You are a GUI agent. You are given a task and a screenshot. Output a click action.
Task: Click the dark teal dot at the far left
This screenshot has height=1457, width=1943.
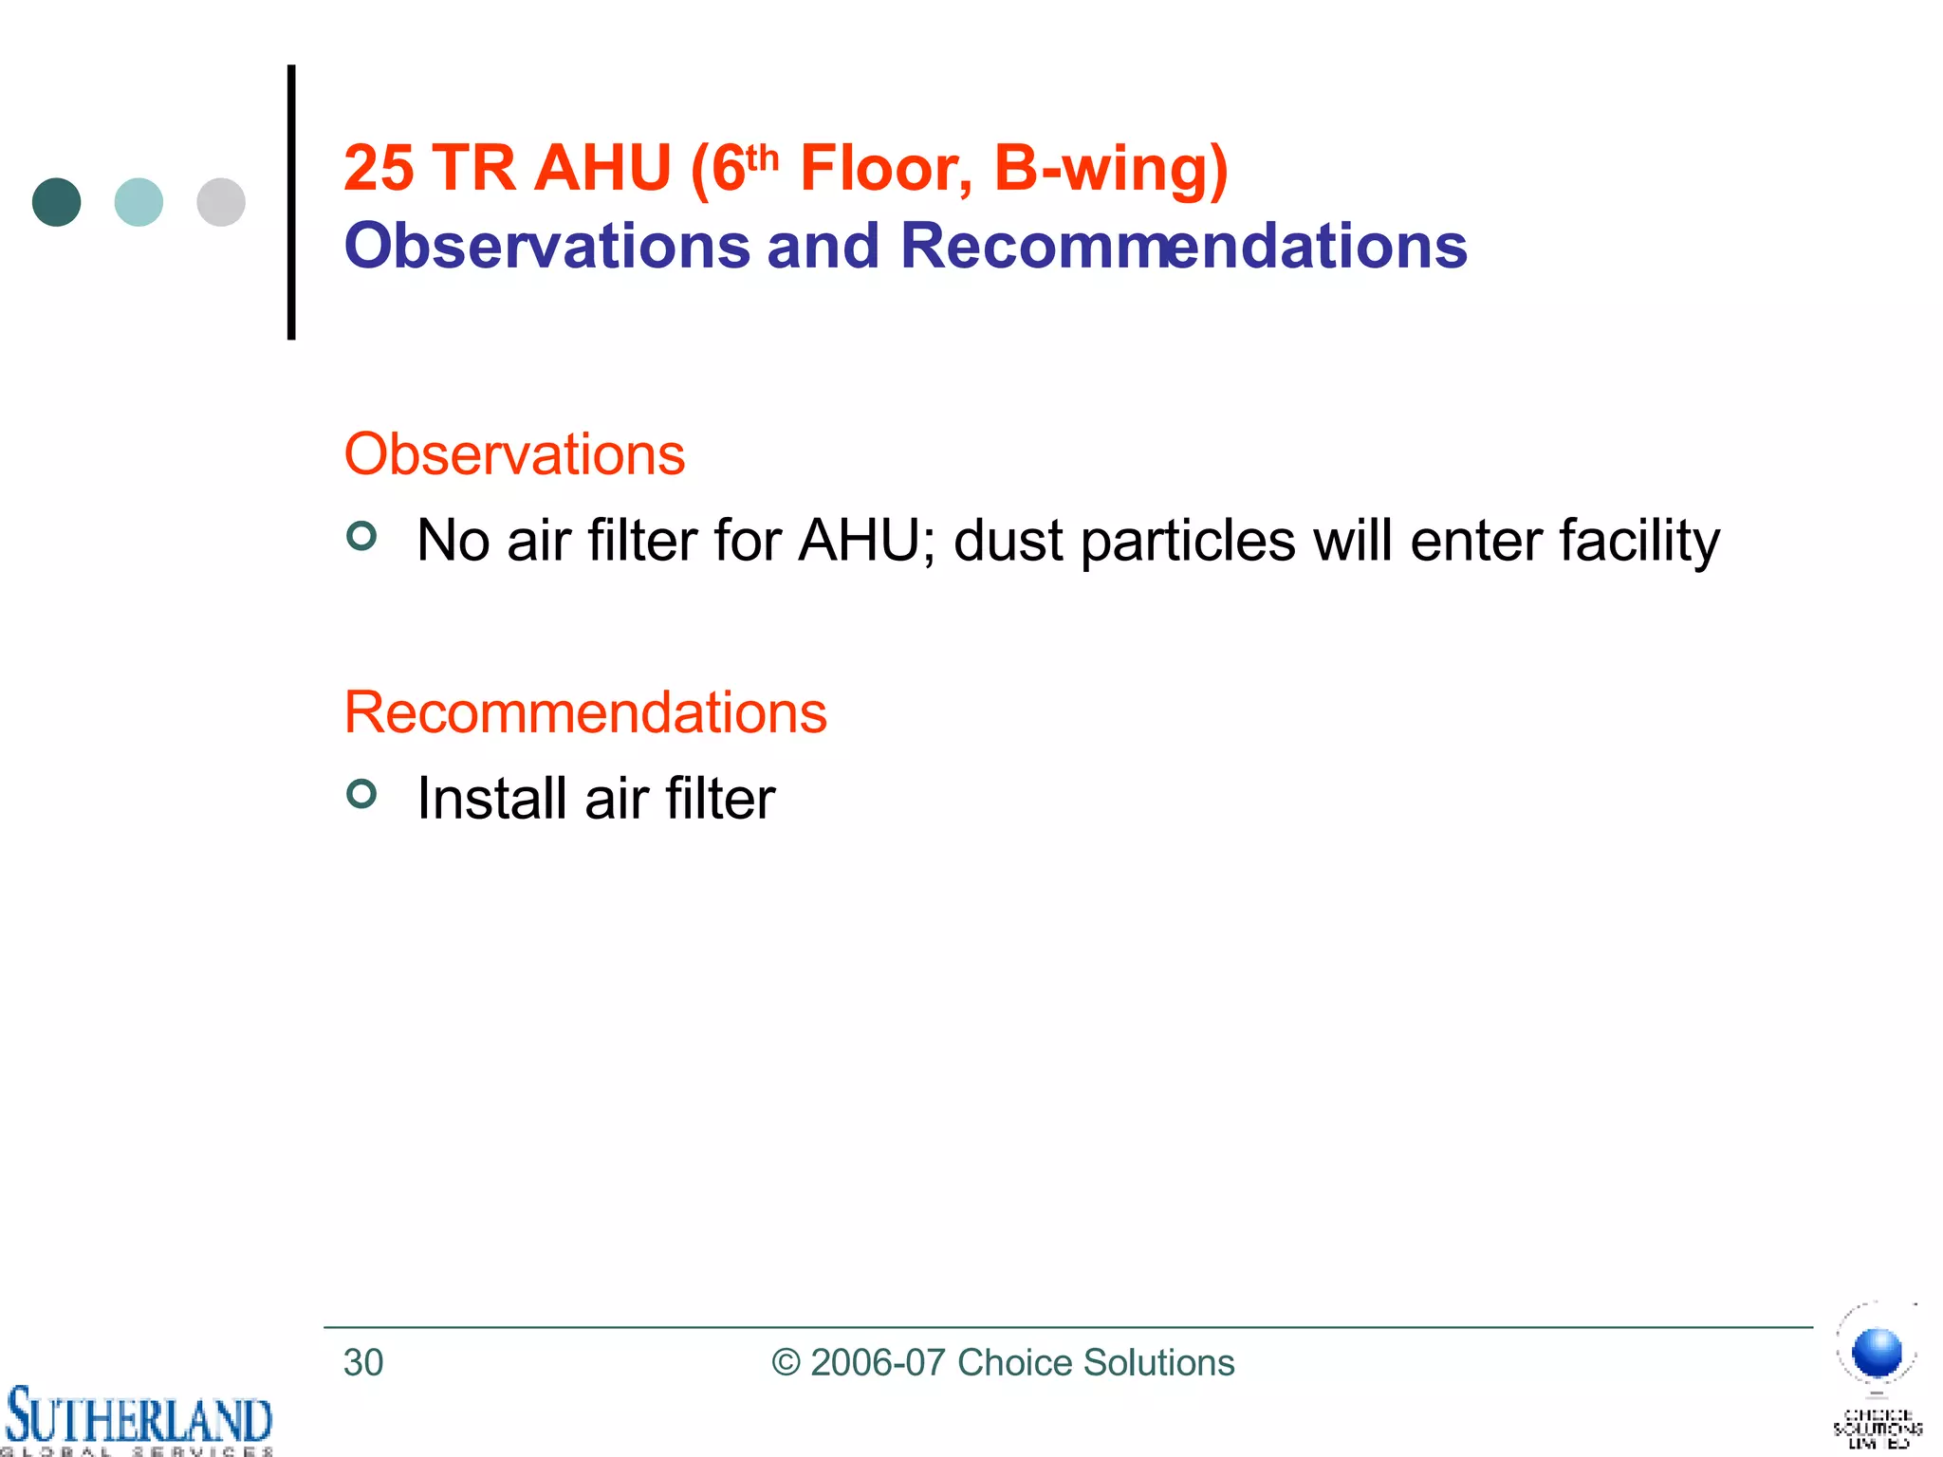tap(57, 202)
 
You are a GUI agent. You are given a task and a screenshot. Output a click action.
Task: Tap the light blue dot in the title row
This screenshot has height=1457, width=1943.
tap(139, 202)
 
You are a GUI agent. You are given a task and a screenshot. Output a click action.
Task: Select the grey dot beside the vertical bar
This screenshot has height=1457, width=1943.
tap(221, 202)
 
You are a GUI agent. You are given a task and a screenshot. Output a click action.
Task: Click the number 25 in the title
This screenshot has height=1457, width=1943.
tap(379, 169)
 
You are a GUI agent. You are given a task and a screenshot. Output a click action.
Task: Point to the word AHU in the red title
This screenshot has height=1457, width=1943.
tap(602, 169)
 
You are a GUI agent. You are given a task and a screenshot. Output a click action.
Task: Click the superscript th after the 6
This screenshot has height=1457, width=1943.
tap(762, 157)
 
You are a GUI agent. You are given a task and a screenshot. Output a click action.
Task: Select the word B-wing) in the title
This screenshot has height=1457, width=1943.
tap(1110, 169)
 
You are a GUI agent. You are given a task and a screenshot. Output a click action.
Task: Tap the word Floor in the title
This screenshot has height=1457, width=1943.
tap(886, 169)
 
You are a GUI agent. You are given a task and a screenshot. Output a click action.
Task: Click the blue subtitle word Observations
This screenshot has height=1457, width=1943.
tap(547, 246)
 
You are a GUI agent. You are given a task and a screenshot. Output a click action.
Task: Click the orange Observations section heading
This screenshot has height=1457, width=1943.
tap(514, 453)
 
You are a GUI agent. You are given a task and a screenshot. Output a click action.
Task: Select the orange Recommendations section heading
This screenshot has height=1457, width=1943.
tap(585, 711)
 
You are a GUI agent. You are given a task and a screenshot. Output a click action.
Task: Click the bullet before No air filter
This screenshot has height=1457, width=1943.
tap(361, 536)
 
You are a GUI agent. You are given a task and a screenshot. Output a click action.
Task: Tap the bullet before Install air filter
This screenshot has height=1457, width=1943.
tap(361, 793)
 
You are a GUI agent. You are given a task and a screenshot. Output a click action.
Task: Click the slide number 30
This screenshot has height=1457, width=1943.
tap(363, 1362)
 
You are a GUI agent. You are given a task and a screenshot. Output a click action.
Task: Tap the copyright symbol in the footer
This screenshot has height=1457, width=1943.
tap(786, 1362)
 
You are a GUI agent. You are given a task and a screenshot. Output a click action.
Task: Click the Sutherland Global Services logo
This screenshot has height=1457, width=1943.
tap(139, 1419)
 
